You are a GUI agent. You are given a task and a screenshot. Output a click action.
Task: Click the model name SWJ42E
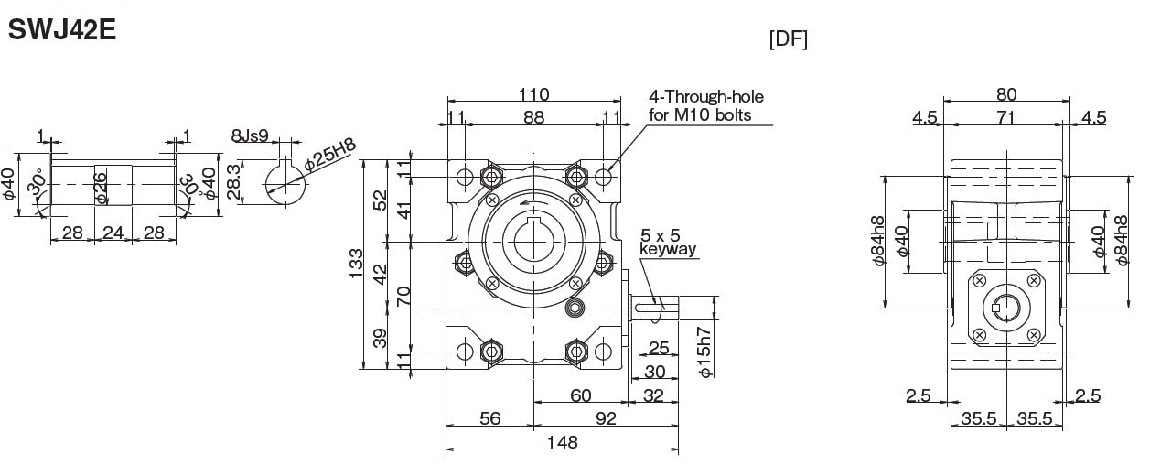60,29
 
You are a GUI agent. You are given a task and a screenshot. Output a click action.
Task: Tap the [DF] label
788,39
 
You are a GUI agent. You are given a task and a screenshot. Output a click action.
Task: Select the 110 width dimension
533,94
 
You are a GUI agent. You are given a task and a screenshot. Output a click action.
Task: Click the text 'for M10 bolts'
700,114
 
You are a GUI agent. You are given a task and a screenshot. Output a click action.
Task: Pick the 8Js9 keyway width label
249,136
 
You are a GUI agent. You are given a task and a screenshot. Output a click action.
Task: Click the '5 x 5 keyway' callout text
668,242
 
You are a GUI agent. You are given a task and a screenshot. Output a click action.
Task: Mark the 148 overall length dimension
561,442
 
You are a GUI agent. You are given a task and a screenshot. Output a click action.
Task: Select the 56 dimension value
489,418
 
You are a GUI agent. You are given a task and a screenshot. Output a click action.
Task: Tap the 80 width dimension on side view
1006,94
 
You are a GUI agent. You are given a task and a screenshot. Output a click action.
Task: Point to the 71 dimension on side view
1006,116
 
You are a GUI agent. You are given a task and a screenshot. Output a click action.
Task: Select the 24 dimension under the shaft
113,233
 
